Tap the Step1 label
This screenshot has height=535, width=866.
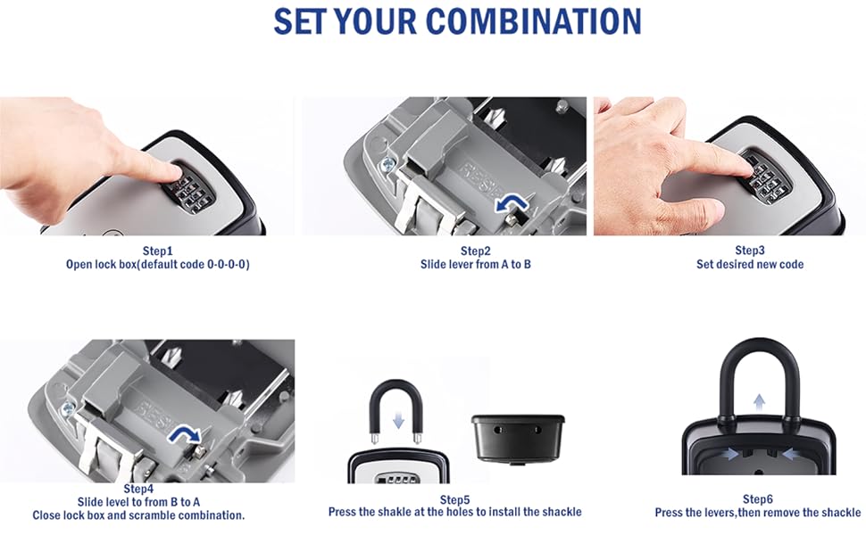point(157,251)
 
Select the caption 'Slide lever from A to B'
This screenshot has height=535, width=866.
point(476,265)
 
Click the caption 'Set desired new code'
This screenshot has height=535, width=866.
point(750,265)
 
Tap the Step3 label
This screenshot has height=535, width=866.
point(750,251)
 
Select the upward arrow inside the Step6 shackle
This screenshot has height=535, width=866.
point(758,402)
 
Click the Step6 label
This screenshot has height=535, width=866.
point(758,499)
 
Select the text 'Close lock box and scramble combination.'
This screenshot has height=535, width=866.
point(138,515)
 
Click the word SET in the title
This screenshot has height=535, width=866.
point(303,21)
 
